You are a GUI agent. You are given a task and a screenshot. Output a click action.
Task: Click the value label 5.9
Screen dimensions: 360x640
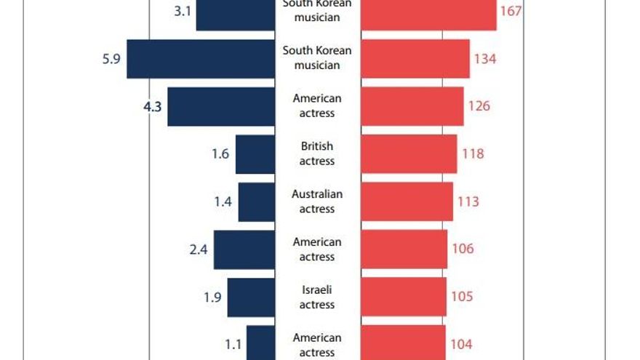(x=111, y=59)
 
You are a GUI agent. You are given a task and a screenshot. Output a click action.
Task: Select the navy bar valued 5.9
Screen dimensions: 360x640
(x=201, y=59)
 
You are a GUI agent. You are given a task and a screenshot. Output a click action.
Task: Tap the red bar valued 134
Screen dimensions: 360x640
(x=415, y=59)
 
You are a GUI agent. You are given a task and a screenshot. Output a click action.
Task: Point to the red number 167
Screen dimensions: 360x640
(x=511, y=12)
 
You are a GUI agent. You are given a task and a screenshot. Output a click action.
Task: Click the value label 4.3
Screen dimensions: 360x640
(x=153, y=106)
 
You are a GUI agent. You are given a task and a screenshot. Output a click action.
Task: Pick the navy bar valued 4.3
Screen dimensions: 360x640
(x=221, y=107)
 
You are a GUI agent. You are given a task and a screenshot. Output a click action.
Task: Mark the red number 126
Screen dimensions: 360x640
(x=479, y=106)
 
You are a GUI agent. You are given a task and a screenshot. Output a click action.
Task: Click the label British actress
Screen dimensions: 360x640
(x=317, y=154)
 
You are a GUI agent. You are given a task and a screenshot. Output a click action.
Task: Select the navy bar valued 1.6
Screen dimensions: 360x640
(x=255, y=154)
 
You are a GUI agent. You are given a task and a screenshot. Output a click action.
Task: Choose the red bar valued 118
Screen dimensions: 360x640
(x=409, y=154)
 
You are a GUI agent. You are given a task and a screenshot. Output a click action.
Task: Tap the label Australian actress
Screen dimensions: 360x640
(x=317, y=201)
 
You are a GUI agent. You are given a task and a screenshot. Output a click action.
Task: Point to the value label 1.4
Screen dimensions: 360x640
(x=223, y=202)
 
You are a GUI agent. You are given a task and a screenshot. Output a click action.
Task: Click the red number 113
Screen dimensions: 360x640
(x=468, y=201)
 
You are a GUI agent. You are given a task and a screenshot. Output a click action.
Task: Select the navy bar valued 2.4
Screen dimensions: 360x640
(x=244, y=249)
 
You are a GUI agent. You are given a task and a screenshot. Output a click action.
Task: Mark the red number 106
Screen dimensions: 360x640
(x=463, y=249)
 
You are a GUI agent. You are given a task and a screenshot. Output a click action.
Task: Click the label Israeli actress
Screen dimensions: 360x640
(x=317, y=297)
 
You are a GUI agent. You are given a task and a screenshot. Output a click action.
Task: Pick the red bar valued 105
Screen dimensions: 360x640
(x=404, y=297)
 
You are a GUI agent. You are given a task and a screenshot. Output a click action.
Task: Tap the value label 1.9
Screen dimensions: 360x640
(x=212, y=297)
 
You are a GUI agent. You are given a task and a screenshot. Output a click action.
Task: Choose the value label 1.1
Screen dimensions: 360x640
(x=232, y=345)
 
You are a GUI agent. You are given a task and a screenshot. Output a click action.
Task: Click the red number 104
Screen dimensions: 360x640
(x=461, y=345)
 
